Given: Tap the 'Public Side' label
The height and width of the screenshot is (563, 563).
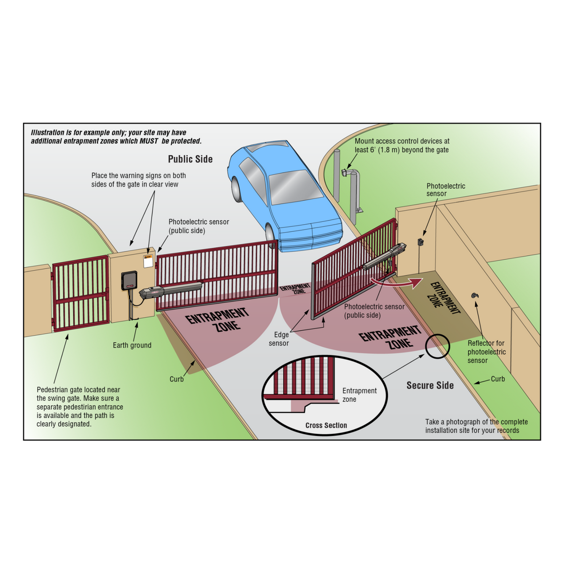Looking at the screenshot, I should (x=190, y=159).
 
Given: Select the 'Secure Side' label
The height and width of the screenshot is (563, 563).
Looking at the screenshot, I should (x=430, y=385).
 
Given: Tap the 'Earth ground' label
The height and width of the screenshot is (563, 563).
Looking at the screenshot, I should (x=132, y=345).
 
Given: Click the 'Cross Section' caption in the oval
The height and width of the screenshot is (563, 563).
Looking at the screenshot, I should (x=326, y=426).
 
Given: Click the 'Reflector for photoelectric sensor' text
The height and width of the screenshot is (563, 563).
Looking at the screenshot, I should (x=487, y=352).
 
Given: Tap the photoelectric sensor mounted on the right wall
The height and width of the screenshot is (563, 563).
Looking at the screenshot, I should (x=421, y=242).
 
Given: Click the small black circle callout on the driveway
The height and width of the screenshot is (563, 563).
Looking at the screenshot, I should (x=437, y=347).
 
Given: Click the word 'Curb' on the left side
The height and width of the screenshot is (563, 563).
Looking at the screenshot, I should (x=176, y=379).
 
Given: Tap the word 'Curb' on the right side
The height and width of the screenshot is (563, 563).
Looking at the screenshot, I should (x=497, y=379).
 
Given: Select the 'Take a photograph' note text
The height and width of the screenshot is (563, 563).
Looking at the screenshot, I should (x=476, y=426).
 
